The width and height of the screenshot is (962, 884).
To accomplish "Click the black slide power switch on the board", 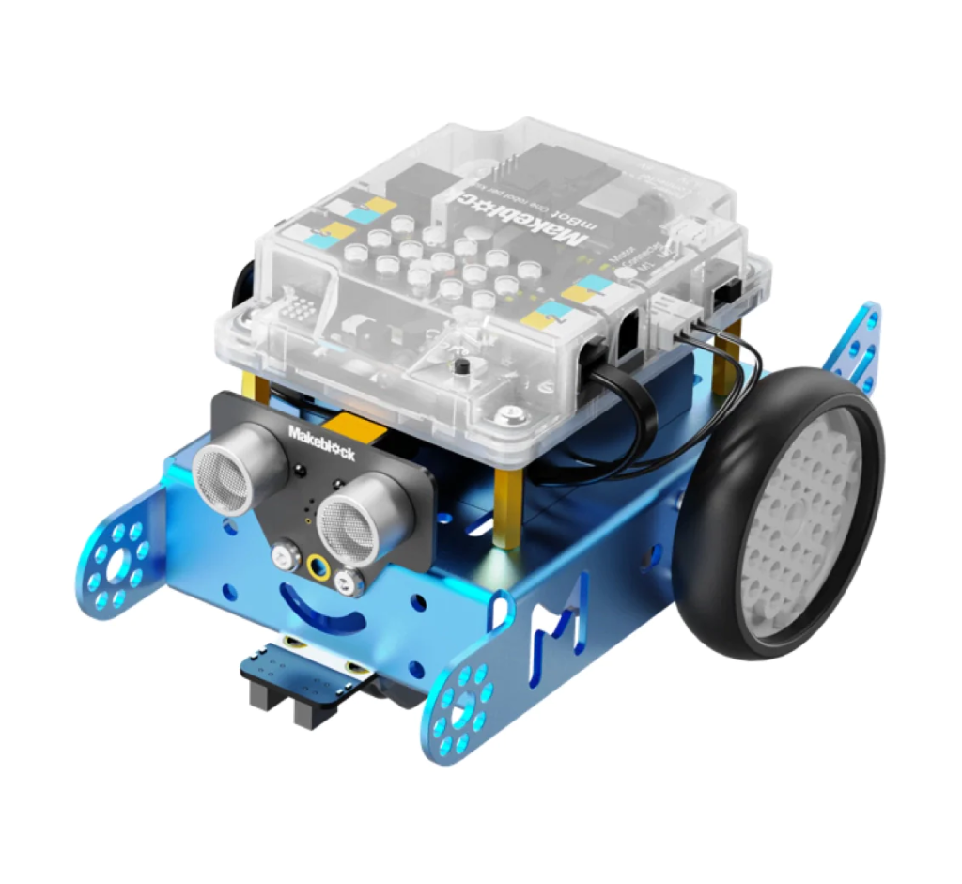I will [726, 294].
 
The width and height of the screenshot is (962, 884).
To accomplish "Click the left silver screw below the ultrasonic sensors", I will [282, 558].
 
